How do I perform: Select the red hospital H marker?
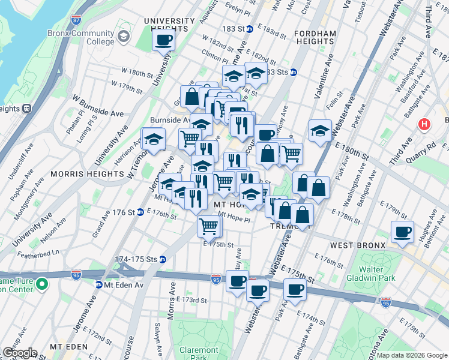pyautogui.click(x=424, y=125)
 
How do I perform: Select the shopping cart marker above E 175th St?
pyautogui.click(x=209, y=226)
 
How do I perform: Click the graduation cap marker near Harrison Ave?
pyautogui.click(x=154, y=139)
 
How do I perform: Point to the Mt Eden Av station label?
pyautogui.click(x=119, y=284)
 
